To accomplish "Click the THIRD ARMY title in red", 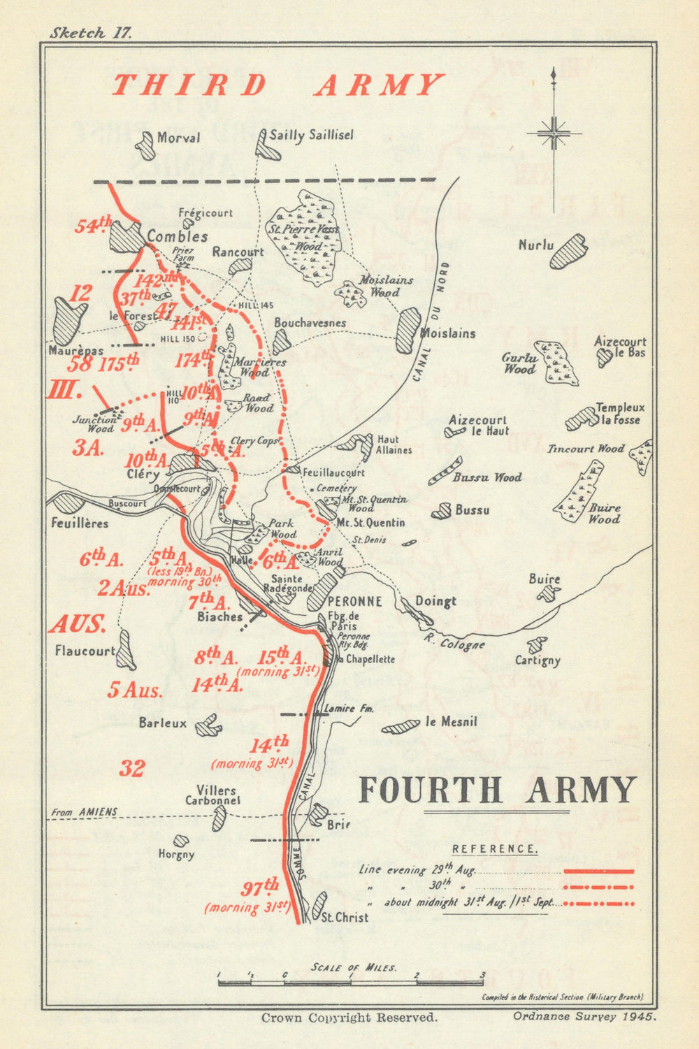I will pyautogui.click(x=278, y=85).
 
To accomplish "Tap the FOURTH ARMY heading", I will pyautogui.click(x=497, y=790).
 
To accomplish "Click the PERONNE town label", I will pyautogui.click(x=355, y=601).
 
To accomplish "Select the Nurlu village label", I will pyautogui.click(x=536, y=245).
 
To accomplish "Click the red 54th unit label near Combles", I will pyautogui.click(x=94, y=225).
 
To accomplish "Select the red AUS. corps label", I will pyautogui.click(x=77, y=624).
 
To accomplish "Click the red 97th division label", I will pyautogui.click(x=260, y=889).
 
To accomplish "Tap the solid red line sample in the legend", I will pyautogui.click(x=598, y=871).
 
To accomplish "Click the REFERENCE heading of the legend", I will pyautogui.click(x=495, y=849).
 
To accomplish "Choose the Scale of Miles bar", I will pyautogui.click(x=351, y=983).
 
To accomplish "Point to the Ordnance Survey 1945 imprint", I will pyautogui.click(x=584, y=1017).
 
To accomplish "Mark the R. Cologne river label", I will pyautogui.click(x=454, y=642).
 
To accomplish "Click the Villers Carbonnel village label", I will pyautogui.click(x=212, y=795).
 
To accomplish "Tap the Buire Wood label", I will pyautogui.click(x=604, y=514).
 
